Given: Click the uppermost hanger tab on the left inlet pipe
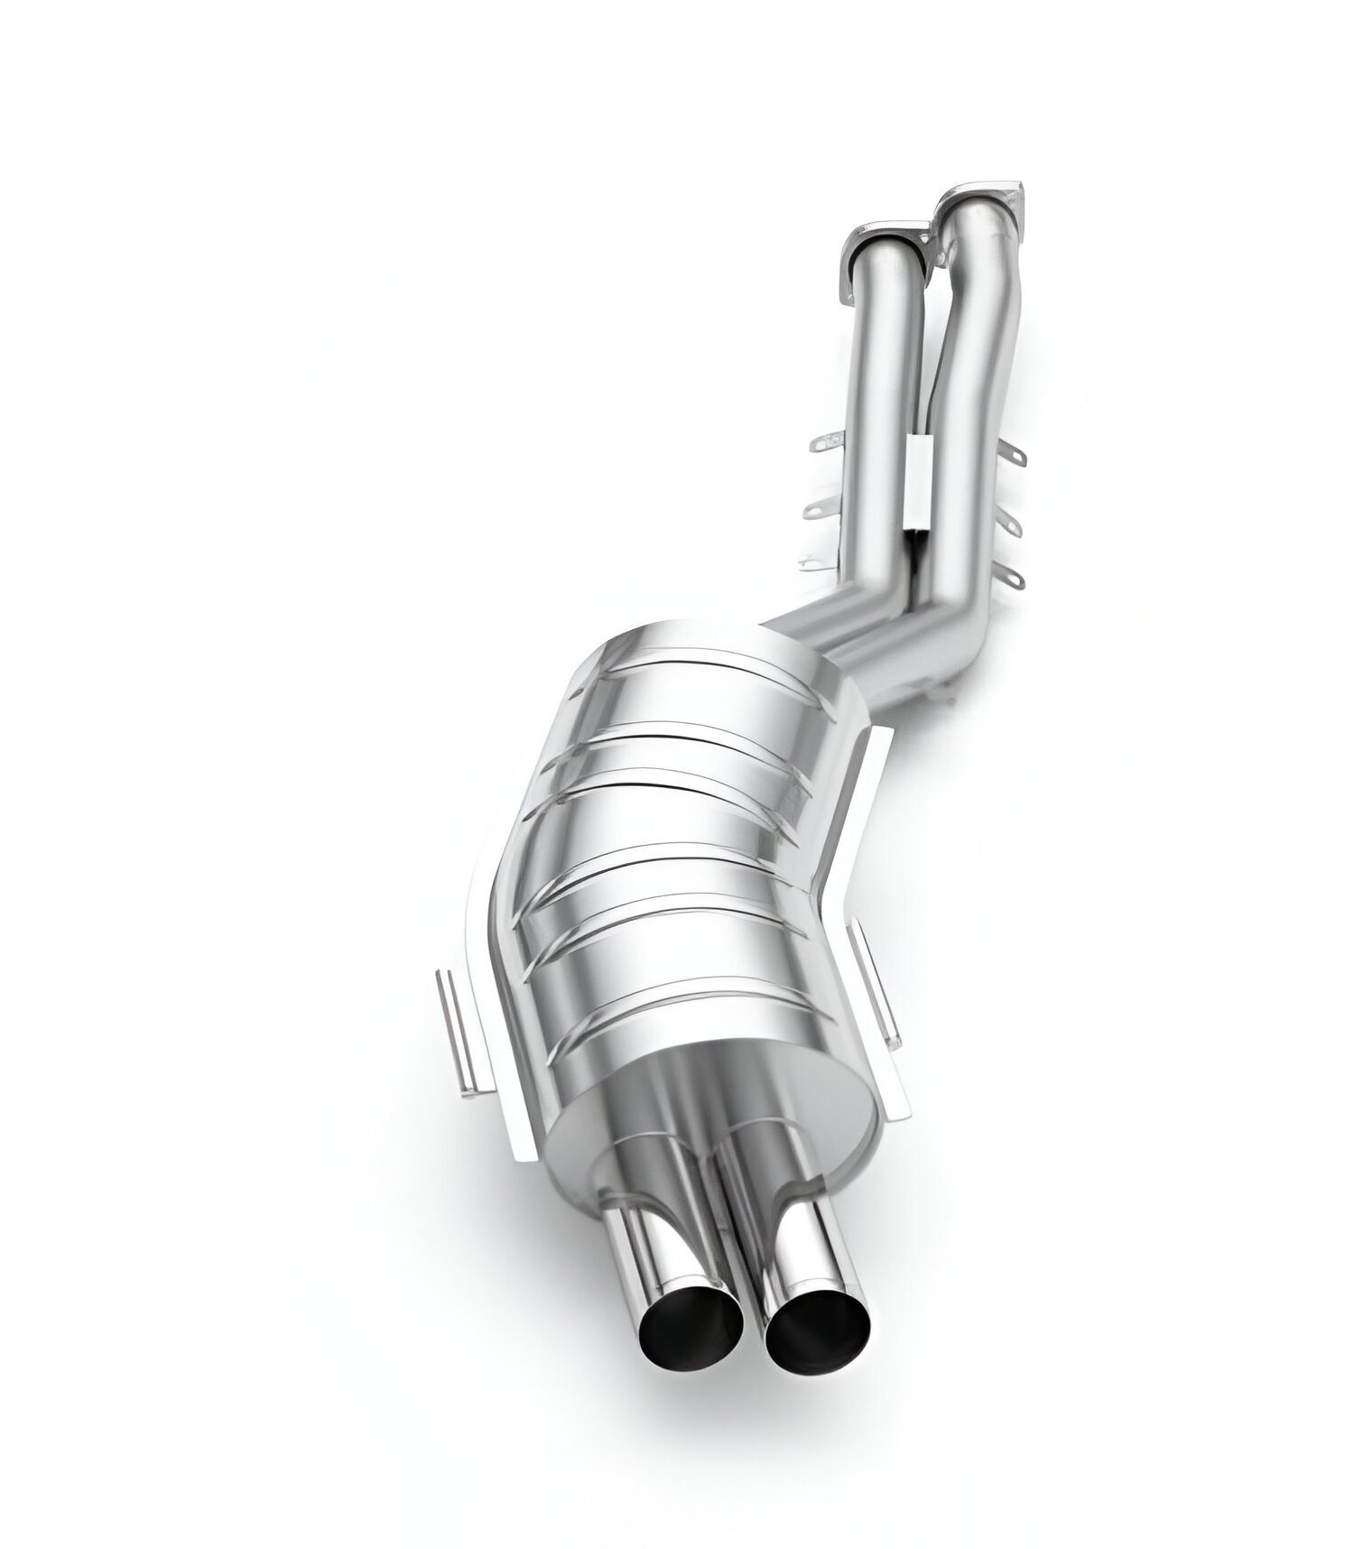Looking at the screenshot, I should (x=827, y=442).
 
